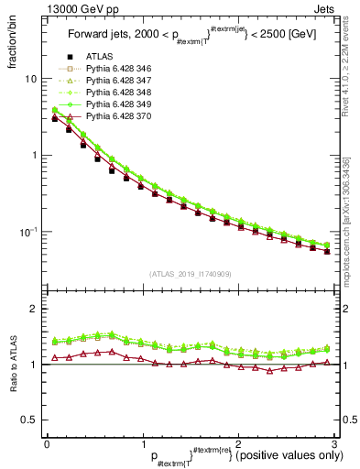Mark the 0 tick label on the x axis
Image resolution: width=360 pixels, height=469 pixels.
click(x=47, y=443)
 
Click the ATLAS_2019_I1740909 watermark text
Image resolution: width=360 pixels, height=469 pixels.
click(x=190, y=274)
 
